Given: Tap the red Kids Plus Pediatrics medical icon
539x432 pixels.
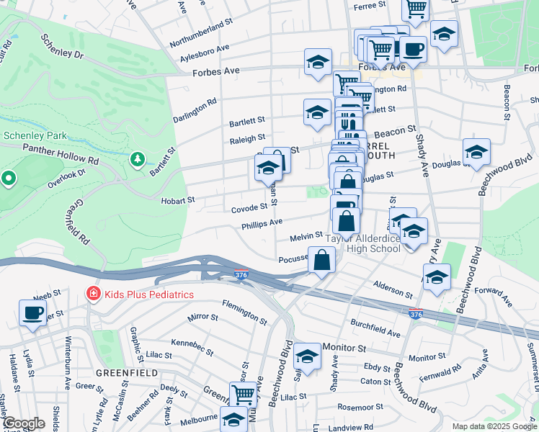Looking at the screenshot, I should [92, 294].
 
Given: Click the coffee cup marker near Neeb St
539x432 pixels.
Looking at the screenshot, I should [32, 312].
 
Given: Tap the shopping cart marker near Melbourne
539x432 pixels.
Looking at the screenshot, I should [244, 395].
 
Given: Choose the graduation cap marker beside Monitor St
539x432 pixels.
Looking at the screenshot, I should [307, 356].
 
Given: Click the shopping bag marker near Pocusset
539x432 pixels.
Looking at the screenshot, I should [322, 260].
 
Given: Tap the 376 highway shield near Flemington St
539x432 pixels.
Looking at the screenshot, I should [242, 274].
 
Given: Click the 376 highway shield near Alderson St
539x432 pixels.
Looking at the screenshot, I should [416, 314].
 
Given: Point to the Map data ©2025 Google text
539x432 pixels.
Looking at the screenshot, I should [494, 426].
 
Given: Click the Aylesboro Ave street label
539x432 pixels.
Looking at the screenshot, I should [205, 52].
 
